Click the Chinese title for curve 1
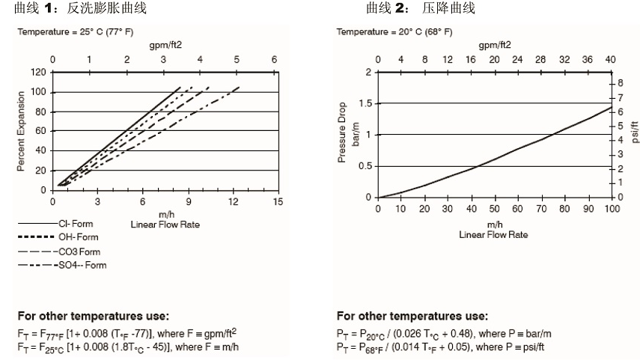(x=81, y=9)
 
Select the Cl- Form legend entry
(x=72, y=224)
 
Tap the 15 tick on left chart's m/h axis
(x=278, y=202)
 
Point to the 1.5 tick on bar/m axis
(x=365, y=103)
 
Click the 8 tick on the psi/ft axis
(x=621, y=80)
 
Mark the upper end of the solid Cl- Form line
(x=180, y=87)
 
